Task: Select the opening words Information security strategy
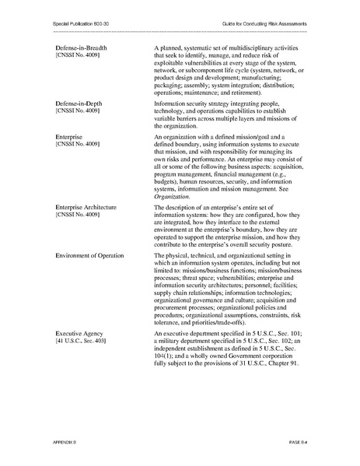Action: tap(198, 103)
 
